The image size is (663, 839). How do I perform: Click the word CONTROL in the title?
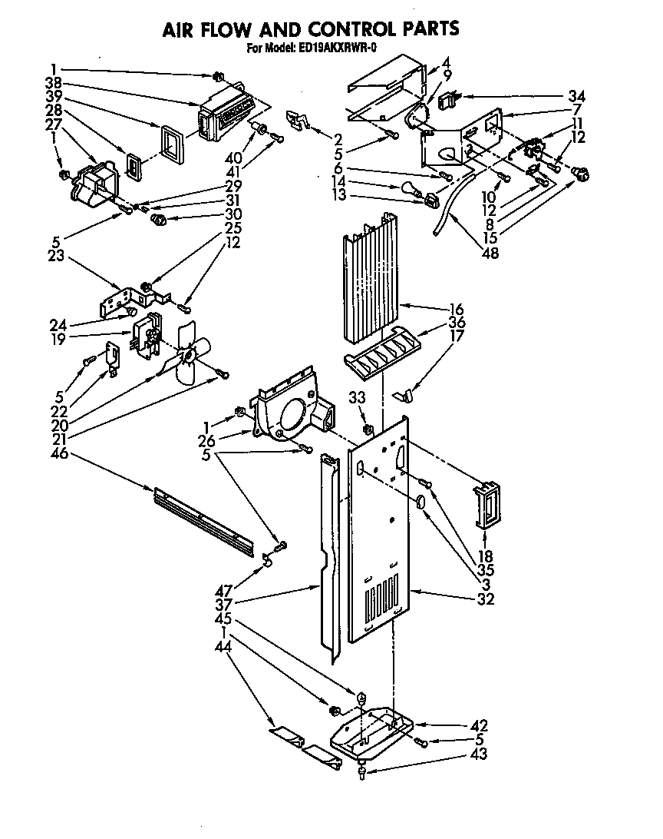pyautogui.click(x=341, y=29)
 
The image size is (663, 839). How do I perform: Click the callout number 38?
pyautogui.click(x=54, y=84)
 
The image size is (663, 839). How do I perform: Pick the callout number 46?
pyautogui.click(x=59, y=453)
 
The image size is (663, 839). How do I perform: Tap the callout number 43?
pyautogui.click(x=480, y=754)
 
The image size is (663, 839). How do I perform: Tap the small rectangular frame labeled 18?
pyautogui.click(x=485, y=506)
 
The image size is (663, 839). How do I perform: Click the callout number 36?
pyautogui.click(x=457, y=323)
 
